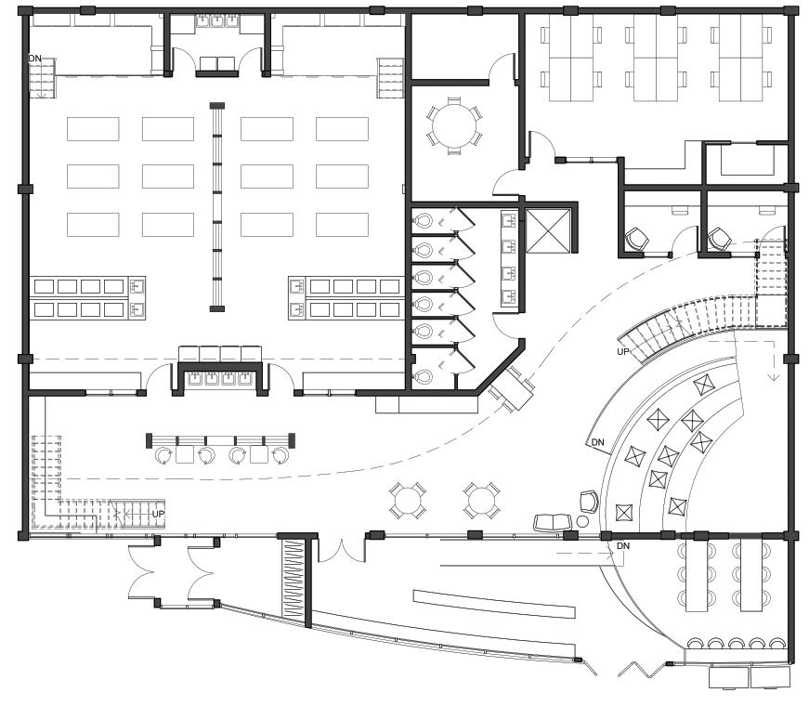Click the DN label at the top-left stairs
(35, 59)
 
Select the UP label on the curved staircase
(625, 352)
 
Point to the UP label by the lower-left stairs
(158, 514)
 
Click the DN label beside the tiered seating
(598, 442)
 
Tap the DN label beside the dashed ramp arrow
(622, 545)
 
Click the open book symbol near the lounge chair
(550, 523)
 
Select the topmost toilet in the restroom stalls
(424, 222)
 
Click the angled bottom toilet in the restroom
(424, 376)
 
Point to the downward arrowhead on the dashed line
(772, 376)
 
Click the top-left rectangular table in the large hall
(93, 128)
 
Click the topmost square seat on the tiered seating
(702, 382)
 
